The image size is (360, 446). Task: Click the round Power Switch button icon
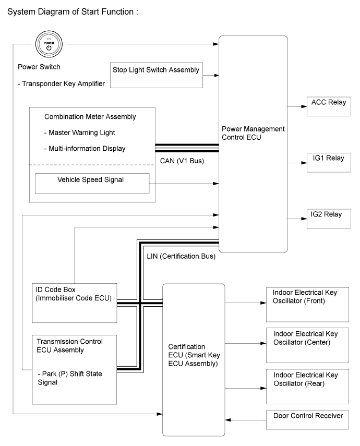49,44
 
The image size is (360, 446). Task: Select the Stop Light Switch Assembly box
157,75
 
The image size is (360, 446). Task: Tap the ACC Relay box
329,106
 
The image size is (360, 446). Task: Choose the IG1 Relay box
329,162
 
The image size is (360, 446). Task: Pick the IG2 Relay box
329,219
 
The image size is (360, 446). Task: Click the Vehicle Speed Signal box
92,184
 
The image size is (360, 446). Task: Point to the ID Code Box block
75,303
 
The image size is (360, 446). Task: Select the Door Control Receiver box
307,419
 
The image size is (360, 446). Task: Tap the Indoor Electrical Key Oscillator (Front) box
307,305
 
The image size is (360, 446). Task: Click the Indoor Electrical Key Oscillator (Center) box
307,345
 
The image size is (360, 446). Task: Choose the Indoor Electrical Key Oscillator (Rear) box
307,387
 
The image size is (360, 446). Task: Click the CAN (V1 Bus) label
182,161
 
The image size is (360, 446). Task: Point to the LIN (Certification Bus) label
181,257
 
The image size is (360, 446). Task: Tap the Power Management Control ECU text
253,133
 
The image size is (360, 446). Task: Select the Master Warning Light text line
79,133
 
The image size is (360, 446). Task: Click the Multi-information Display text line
85,149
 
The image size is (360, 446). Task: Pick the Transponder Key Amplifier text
61,84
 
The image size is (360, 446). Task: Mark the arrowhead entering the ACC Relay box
304,106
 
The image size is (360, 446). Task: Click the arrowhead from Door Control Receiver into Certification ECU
228,420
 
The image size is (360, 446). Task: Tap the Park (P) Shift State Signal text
70,378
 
